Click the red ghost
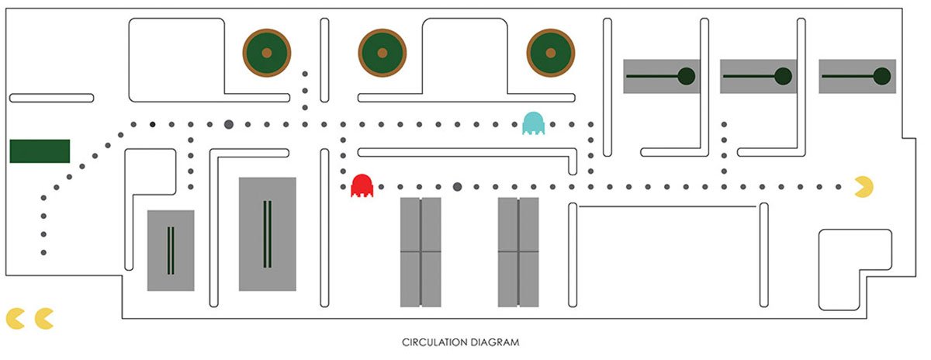[x=362, y=185]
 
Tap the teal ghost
[x=534, y=123]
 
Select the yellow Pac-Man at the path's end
[x=864, y=186]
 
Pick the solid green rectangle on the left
[x=40, y=151]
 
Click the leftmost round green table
[x=266, y=53]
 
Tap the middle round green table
[x=382, y=53]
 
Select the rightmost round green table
[x=551, y=53]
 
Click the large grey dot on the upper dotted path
[x=229, y=124]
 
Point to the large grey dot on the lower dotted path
[x=457, y=186]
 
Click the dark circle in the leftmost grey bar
[x=686, y=76]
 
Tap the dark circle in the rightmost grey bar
[x=881, y=76]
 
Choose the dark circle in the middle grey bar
[x=784, y=76]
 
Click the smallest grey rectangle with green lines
[x=171, y=250]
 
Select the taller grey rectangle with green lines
[x=267, y=234]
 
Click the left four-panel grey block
[x=421, y=251]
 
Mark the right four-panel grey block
[x=518, y=251]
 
